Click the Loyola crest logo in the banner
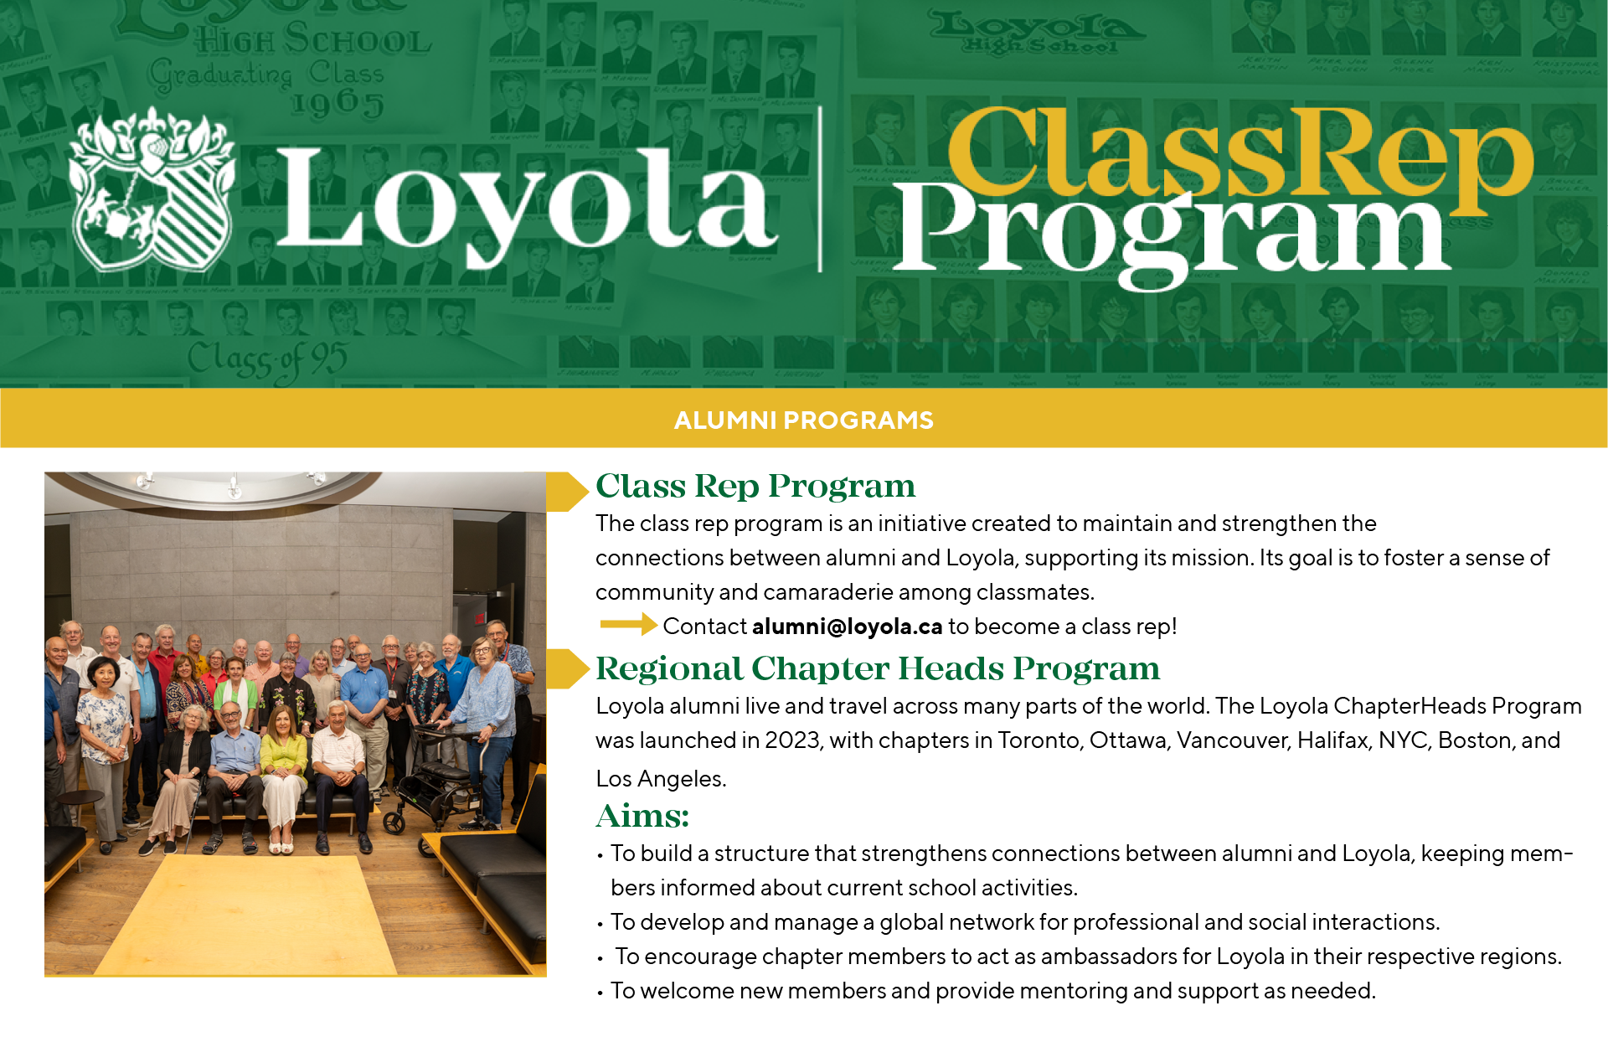[151, 190]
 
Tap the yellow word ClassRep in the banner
[1239, 151]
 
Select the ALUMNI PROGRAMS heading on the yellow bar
[803, 420]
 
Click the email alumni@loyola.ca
[847, 627]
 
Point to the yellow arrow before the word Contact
[628, 624]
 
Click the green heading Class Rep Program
[755, 487]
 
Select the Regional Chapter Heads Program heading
[877, 668]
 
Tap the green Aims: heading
[642, 816]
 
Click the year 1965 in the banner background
[338, 104]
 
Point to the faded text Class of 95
[266, 360]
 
